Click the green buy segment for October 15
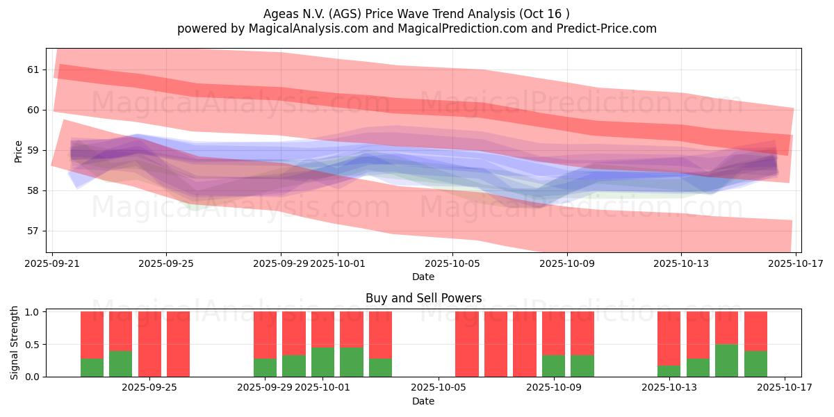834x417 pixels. [x=726, y=360]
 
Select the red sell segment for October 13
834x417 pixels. [x=669, y=338]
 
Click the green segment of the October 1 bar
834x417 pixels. [x=322, y=361]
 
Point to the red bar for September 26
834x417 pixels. [x=178, y=344]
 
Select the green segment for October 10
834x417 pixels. [x=582, y=366]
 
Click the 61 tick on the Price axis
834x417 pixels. [x=33, y=69]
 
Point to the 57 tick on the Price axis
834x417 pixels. [x=33, y=231]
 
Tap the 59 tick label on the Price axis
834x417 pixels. [x=33, y=150]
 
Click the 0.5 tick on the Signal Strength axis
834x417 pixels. [x=33, y=345]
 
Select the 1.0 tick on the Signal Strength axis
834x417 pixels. [x=33, y=312]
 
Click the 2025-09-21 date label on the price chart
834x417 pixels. [x=54, y=263]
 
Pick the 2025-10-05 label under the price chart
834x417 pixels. [x=452, y=263]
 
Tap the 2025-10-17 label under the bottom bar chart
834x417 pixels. [x=785, y=387]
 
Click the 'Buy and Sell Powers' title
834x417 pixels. [x=423, y=298]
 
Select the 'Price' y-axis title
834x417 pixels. [x=18, y=151]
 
